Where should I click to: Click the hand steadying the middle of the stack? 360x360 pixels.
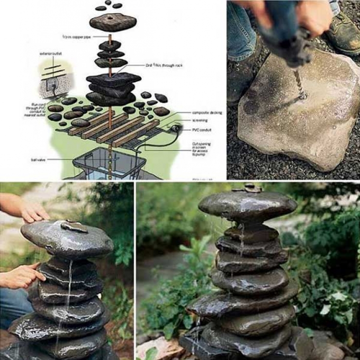(20, 276)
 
